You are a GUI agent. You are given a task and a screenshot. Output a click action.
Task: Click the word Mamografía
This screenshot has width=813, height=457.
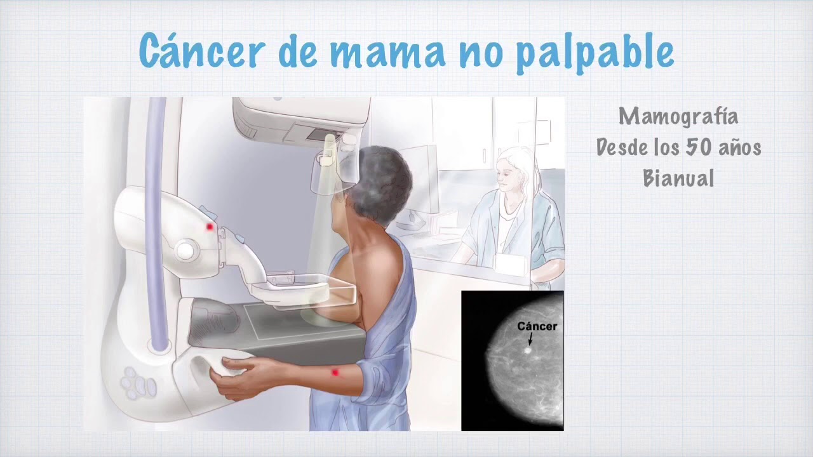click(678, 117)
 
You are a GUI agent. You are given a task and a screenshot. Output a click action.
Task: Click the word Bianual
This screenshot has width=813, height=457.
click(678, 178)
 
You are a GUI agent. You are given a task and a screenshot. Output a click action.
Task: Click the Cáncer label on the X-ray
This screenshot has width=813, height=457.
click(537, 327)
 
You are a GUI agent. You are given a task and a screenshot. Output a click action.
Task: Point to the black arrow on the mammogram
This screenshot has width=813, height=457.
click(530, 340)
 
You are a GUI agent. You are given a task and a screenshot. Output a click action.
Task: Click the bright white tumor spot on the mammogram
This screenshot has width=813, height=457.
click(528, 350)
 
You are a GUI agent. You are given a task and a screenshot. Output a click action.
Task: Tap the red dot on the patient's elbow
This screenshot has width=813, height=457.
click(335, 373)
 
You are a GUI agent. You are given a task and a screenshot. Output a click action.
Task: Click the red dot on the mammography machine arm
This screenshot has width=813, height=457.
click(210, 227)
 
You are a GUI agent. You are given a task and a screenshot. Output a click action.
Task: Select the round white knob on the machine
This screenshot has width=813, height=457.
click(185, 249)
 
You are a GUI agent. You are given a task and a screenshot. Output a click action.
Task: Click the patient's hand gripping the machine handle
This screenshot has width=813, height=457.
click(230, 378)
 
